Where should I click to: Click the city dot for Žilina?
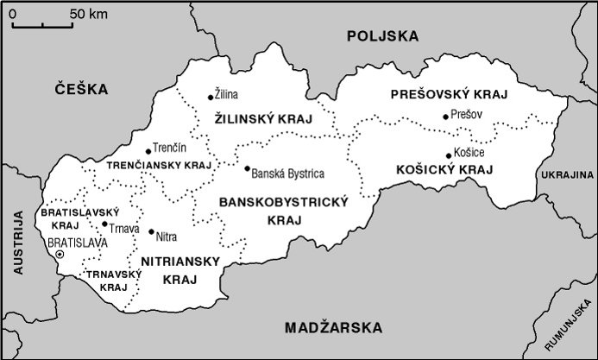click(211, 97)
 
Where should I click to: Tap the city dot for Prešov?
click(445, 116)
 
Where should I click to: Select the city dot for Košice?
click(449, 155)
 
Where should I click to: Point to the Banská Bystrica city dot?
click(247, 169)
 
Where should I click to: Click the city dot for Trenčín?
click(148, 151)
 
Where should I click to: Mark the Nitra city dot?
click(151, 231)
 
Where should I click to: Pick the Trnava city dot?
click(104, 224)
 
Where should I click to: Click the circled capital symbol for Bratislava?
click(60, 256)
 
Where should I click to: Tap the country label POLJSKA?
click(381, 36)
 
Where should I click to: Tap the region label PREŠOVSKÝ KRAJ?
click(448, 94)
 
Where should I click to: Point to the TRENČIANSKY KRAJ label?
click(159, 164)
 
